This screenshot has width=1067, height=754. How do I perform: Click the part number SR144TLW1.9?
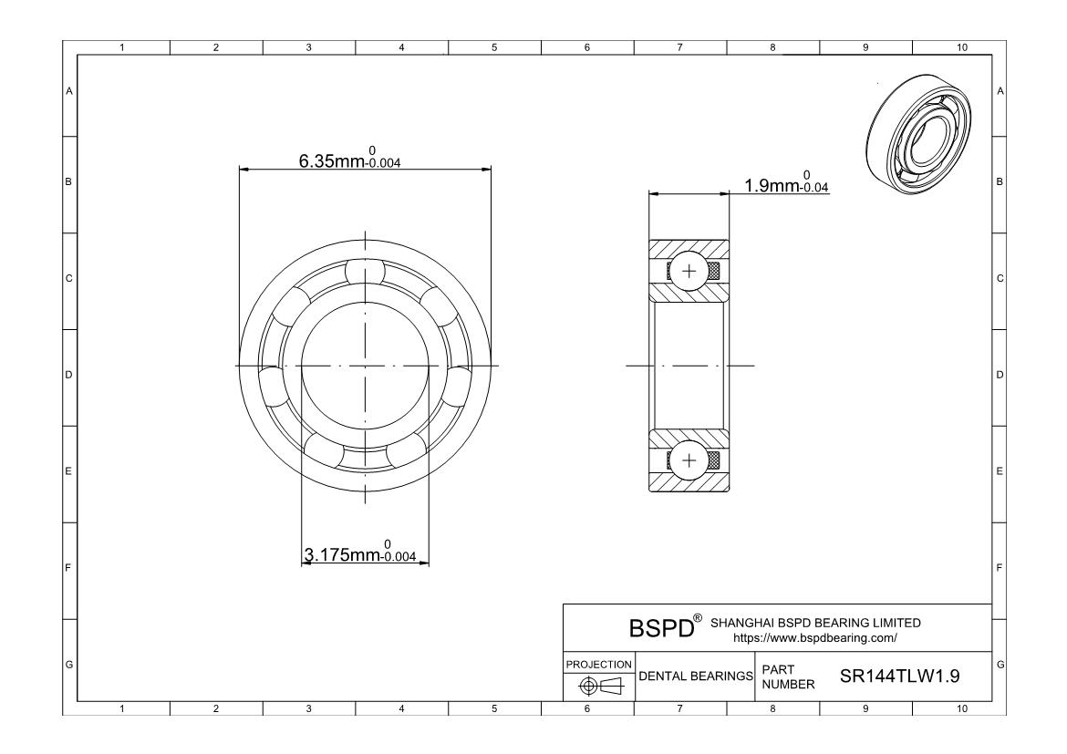point(898,677)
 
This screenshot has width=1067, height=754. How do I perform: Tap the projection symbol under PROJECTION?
point(598,686)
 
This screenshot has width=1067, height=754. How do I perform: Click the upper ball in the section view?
point(689,272)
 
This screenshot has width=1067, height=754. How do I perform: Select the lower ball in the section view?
point(689,460)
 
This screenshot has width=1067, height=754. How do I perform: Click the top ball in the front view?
point(365,272)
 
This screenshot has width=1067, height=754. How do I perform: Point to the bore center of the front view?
point(365,366)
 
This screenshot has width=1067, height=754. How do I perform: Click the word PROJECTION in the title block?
point(598,664)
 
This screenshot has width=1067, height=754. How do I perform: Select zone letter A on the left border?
point(68,90)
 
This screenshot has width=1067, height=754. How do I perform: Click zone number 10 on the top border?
point(960,47)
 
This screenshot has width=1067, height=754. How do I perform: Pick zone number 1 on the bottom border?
point(123,708)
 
